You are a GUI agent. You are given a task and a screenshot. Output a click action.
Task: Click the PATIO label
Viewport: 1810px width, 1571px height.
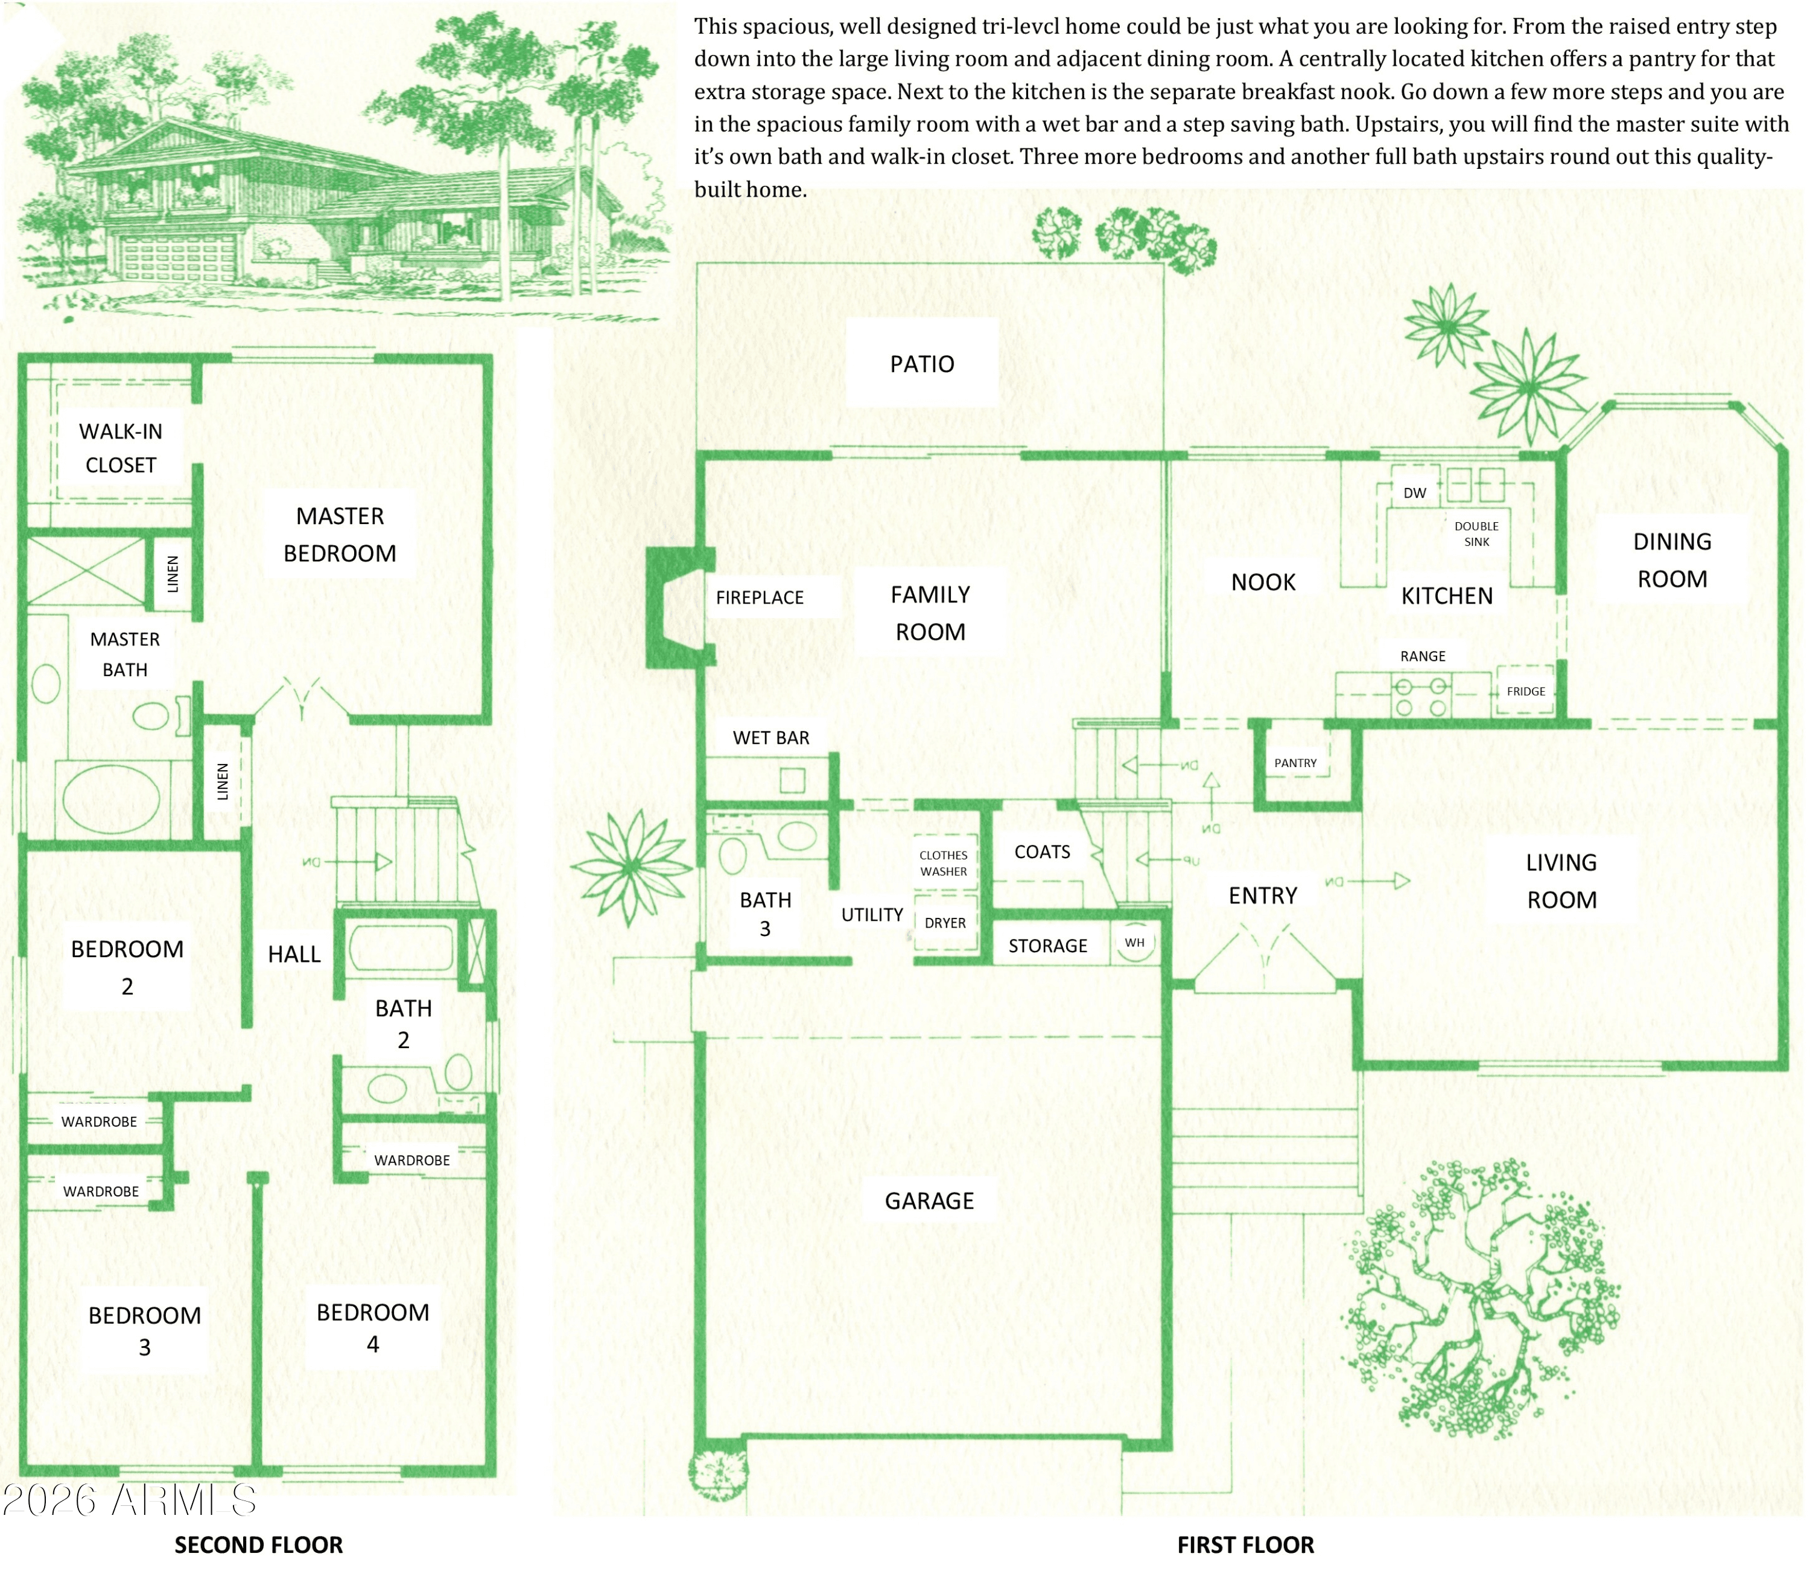pos(922,364)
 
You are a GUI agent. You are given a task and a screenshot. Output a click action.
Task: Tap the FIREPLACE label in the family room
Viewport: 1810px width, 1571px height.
pos(760,598)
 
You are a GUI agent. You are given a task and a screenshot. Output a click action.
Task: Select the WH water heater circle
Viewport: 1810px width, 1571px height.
pos(1135,943)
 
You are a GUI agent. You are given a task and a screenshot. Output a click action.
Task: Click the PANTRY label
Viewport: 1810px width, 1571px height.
pos(1295,763)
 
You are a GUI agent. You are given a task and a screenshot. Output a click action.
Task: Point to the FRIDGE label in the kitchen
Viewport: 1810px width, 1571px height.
pos(1526,691)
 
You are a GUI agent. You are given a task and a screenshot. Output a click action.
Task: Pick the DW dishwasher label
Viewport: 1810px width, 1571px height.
pos(1414,493)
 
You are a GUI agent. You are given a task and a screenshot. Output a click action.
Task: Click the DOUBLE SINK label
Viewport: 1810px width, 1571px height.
pos(1477,534)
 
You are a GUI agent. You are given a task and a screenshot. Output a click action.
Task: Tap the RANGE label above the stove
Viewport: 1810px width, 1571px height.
pos(1423,656)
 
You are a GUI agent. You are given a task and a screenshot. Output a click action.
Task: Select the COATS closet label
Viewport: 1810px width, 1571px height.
pos(1042,852)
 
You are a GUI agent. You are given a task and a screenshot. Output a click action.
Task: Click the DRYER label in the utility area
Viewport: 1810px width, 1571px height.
pos(944,923)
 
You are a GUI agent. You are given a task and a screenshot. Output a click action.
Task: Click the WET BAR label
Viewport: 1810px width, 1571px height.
pos(771,738)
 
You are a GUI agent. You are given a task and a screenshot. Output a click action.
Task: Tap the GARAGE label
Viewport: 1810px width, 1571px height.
pos(929,1201)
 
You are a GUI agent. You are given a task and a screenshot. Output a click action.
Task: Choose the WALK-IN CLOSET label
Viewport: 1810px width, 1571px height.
pos(121,448)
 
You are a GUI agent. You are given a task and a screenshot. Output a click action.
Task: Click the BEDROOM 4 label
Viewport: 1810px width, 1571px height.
pos(373,1328)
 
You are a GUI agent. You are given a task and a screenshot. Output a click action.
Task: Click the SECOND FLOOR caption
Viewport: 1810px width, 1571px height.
pos(259,1544)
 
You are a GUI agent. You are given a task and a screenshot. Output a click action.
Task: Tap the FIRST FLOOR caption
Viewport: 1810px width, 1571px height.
pos(1245,1544)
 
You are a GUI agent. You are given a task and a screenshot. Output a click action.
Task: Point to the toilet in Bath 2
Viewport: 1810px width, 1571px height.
pos(458,1073)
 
